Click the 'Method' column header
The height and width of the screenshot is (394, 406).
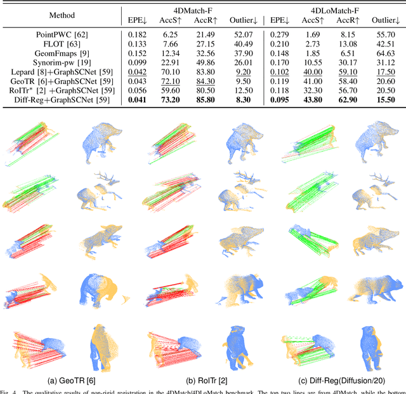point(60,15)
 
